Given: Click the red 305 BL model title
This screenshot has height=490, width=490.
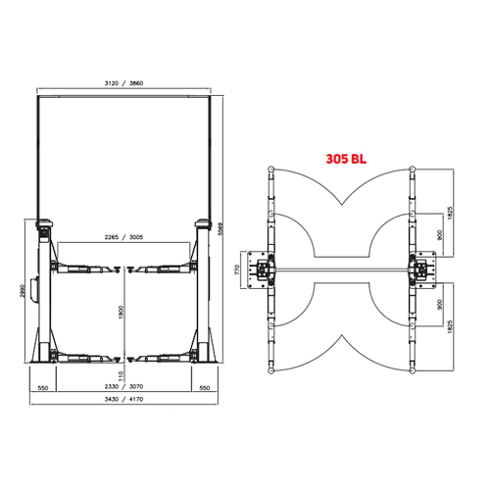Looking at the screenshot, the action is [x=346, y=159].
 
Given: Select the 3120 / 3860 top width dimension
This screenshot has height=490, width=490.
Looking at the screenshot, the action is [x=123, y=83].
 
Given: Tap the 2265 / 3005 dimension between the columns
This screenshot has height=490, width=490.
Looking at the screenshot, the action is [x=123, y=237].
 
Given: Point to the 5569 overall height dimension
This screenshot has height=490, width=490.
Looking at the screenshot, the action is [x=220, y=230].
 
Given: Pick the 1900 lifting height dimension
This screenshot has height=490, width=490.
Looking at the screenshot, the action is [x=122, y=313].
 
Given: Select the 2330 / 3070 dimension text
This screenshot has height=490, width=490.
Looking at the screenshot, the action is [x=123, y=386].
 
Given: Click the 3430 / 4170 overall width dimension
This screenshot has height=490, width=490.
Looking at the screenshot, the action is [x=123, y=399].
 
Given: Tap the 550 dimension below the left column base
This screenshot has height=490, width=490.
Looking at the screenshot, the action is [x=43, y=388].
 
